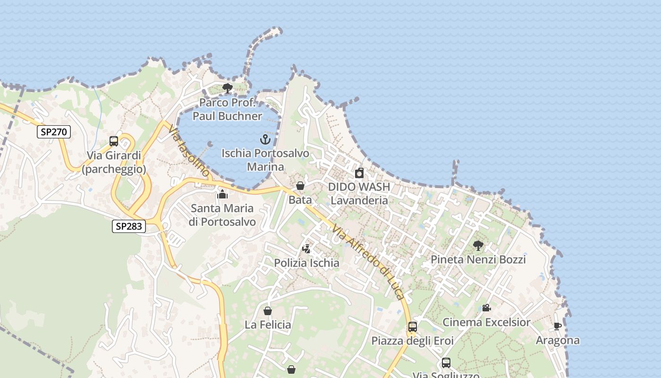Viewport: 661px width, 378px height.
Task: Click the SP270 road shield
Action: coord(54,132)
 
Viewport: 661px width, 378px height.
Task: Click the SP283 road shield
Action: coord(128,226)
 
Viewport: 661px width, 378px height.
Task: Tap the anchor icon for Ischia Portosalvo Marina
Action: coord(265,139)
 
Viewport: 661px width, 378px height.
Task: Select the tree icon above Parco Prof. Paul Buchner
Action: coord(227,88)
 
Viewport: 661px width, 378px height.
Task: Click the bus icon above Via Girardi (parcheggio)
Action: coord(114,141)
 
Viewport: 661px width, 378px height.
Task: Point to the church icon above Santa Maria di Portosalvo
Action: coord(222,194)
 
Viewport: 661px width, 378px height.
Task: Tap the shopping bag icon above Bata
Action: coord(300,186)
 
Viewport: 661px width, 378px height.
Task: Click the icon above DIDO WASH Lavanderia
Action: coord(359,173)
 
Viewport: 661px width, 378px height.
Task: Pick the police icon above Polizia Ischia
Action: coord(306,249)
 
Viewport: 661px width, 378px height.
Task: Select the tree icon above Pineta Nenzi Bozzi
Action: coord(478,245)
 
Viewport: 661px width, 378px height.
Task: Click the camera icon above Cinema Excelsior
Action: coord(486,308)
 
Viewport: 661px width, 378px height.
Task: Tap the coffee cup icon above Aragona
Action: coord(557,326)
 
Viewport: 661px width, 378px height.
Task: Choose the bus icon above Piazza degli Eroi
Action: coord(412,326)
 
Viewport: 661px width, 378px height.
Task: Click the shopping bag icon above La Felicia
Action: coord(267,311)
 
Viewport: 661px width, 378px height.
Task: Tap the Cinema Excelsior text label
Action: coord(486,322)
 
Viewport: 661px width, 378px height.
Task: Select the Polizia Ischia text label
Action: coord(306,263)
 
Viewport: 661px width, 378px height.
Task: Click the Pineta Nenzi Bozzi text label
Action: coord(478,259)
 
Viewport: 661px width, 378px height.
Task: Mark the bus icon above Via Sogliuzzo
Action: coord(446,363)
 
